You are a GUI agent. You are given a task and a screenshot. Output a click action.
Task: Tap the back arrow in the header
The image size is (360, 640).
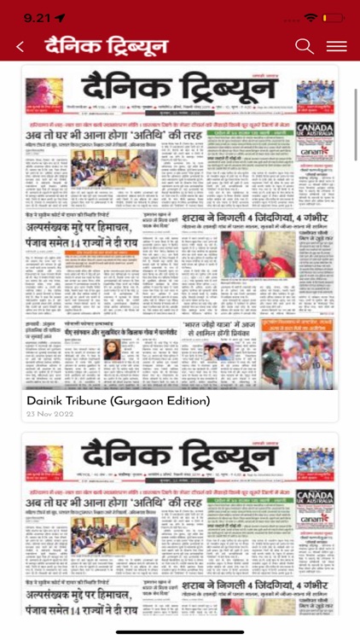pos(20,47)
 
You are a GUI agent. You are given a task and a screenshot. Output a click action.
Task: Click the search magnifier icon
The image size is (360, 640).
pos(305,47)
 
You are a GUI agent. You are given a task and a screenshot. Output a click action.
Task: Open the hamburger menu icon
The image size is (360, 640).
pos(336,47)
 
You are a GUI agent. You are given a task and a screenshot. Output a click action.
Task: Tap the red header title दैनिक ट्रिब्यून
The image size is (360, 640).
pos(107,47)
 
